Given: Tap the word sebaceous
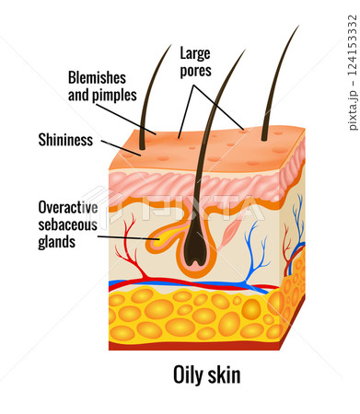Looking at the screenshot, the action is click(72, 225).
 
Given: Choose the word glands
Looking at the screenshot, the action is click(57, 243).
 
